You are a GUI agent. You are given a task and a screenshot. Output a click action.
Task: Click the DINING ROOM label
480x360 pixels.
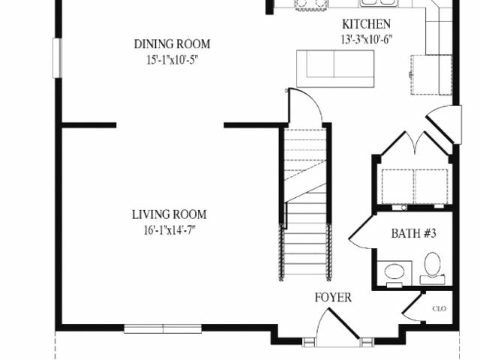click(172, 44)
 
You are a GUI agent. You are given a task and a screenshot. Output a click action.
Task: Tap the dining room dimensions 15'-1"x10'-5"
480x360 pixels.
click(172, 60)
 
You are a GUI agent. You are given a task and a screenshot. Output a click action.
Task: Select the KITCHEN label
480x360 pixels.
click(366, 24)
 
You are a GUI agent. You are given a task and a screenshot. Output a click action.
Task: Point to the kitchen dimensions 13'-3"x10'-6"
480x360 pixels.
click(367, 39)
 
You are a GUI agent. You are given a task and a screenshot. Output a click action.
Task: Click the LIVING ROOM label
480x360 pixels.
click(169, 214)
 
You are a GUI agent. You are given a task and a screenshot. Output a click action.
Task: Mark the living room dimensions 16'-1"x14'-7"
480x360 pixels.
click(169, 230)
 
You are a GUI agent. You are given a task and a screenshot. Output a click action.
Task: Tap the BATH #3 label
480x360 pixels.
click(413, 233)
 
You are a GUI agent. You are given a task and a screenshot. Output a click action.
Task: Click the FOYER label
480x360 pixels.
click(333, 298)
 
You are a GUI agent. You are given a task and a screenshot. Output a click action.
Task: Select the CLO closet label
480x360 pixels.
click(439, 308)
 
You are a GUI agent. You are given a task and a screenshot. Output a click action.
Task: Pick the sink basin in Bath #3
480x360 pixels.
click(394, 271)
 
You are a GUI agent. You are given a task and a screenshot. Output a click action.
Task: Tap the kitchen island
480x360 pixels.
click(335, 68)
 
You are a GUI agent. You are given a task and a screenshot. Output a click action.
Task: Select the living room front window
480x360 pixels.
click(163, 328)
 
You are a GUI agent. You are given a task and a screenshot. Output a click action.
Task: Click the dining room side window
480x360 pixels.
click(57, 58)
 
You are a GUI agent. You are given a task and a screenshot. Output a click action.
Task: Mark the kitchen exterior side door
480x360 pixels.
click(445, 124)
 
